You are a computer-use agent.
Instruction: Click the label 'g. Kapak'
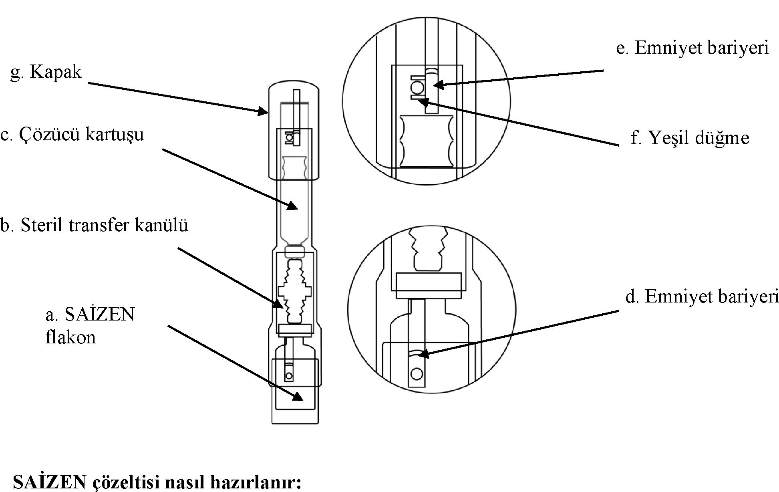46,72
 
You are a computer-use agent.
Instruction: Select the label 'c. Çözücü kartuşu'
72,134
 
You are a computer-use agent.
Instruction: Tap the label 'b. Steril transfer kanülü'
94,225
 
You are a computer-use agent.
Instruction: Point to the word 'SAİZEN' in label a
100,315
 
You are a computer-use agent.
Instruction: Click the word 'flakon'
70,337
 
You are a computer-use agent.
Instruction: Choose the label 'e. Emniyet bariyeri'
692,48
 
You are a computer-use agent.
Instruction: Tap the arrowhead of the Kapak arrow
264,111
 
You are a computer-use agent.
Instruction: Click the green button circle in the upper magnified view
417,87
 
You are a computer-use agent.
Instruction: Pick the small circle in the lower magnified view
417,373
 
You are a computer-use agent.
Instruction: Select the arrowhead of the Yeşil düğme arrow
423,101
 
